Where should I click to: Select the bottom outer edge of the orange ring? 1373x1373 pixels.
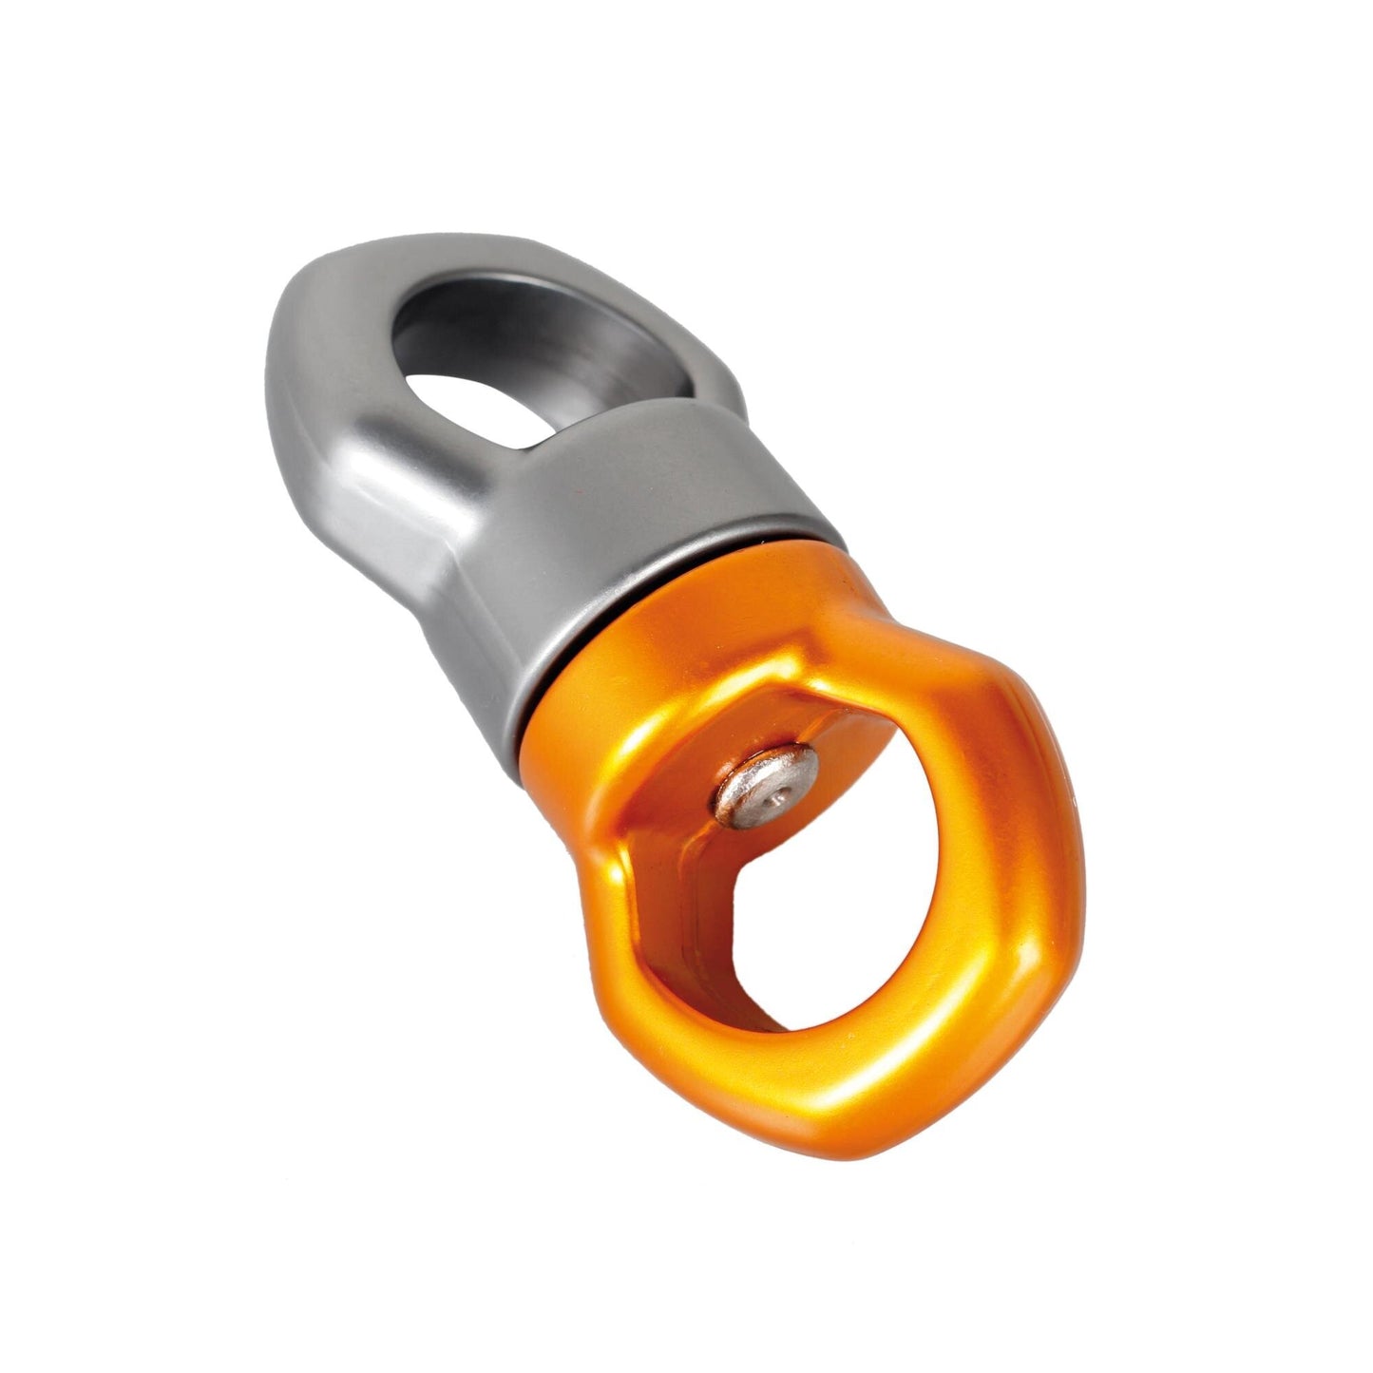[x=884, y=1112]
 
